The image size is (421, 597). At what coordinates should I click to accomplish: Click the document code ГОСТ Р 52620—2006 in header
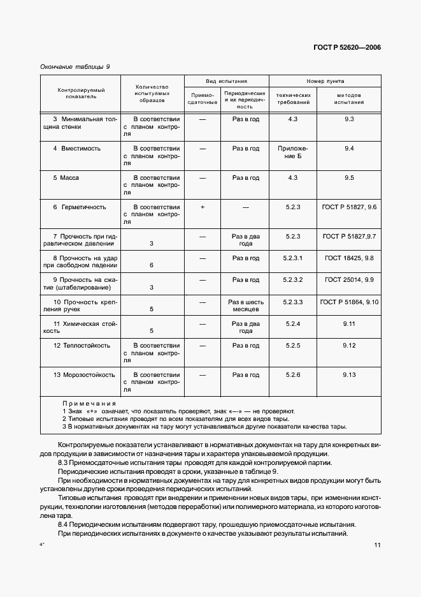pos(343,47)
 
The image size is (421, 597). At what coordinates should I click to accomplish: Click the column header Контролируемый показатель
pos(80,94)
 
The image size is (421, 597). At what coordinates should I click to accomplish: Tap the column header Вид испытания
pos(226,82)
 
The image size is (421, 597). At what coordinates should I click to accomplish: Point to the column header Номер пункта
pos(325,82)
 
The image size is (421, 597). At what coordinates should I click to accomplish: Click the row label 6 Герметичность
pos(80,207)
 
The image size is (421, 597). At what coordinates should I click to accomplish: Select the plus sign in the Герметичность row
pos(202,207)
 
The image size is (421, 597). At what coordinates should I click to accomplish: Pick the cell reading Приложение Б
pos(292,152)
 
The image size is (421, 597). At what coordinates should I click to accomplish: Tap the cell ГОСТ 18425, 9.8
pos(348,258)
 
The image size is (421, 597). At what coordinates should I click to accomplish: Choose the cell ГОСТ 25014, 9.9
pos(348,280)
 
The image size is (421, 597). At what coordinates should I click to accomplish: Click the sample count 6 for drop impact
pos(151,265)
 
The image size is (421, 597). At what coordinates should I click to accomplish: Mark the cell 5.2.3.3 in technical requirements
pos(292,302)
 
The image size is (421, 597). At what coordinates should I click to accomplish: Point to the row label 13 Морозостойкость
pos(84,375)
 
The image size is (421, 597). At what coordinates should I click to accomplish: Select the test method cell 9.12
pos(348,345)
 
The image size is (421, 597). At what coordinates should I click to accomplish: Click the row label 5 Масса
pos(66,177)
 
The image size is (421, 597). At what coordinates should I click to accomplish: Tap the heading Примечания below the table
pos(89,404)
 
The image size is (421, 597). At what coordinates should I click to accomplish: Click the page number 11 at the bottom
pos(378,545)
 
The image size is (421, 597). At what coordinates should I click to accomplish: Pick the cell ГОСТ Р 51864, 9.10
pos(349,302)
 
